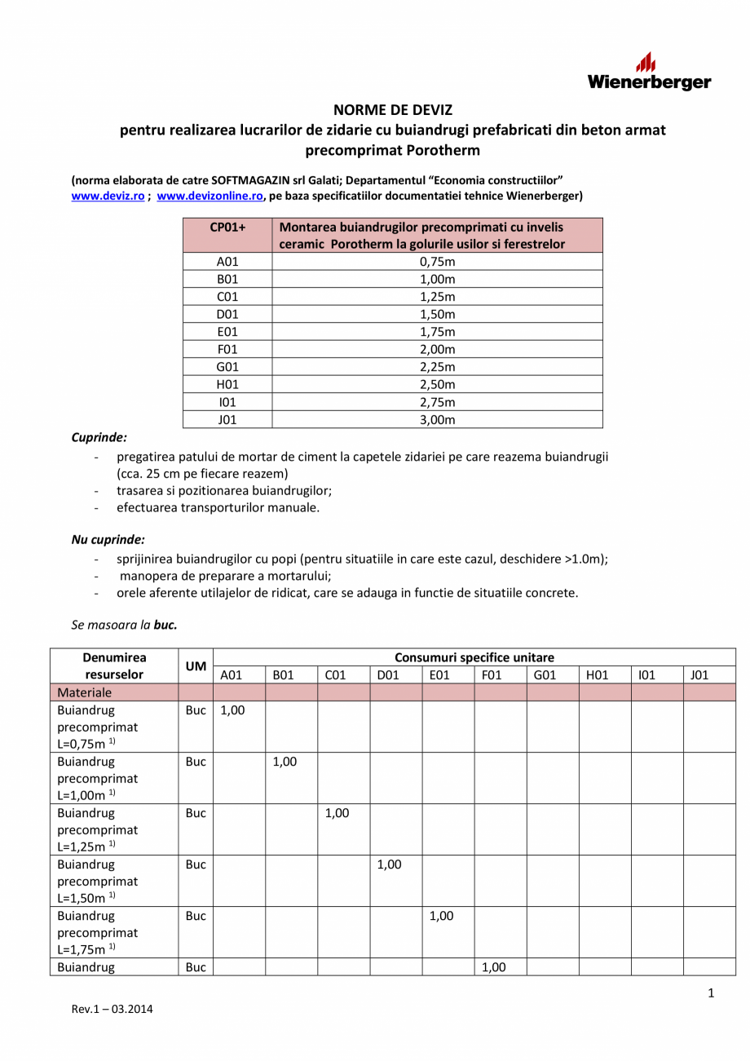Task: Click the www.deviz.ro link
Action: coord(108,196)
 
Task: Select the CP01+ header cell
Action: coord(227,228)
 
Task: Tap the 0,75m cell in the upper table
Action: coord(436,262)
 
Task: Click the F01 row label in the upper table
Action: coord(227,350)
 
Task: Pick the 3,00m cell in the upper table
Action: coord(436,420)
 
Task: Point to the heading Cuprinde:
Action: coord(99,438)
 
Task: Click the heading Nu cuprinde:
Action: coord(108,540)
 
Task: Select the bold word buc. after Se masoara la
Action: coord(165,626)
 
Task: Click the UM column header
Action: coord(195,666)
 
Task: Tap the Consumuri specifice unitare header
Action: coord(474,657)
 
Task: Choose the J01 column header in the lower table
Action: coord(699,675)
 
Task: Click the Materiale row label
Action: coord(85,692)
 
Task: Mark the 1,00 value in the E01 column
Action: coord(440,916)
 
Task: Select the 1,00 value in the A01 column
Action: coord(232,710)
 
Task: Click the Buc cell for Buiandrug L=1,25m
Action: coord(195,813)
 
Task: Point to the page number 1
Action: coord(711,992)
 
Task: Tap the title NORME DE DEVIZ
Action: coord(393,109)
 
